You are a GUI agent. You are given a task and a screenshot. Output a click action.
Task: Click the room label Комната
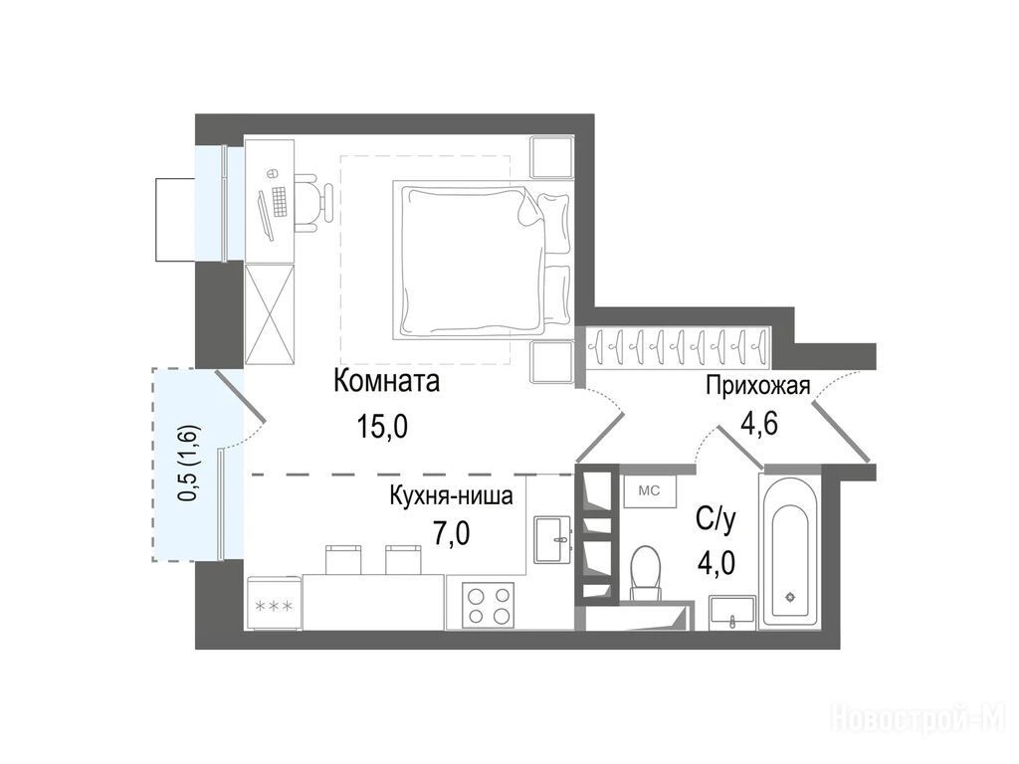tap(386, 381)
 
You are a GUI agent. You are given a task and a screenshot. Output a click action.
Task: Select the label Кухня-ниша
tap(451, 495)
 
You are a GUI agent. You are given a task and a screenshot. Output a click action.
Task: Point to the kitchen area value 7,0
tap(452, 533)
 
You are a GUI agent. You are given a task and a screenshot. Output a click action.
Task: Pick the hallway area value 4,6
tap(759, 423)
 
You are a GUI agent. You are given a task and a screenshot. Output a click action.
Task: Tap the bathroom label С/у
tap(716, 519)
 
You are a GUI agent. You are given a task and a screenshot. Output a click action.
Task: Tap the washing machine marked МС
tap(650, 491)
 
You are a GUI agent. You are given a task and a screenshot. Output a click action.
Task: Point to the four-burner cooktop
tap(488, 605)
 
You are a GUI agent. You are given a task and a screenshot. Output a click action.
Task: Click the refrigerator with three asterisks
tap(274, 604)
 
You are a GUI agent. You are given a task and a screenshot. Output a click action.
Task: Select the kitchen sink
tap(552, 539)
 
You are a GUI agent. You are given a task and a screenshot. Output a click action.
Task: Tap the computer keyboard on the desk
tap(280, 201)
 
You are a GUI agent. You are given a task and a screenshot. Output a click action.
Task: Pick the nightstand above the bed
tap(551, 156)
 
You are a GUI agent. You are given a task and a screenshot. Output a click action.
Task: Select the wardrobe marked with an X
tap(270, 314)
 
